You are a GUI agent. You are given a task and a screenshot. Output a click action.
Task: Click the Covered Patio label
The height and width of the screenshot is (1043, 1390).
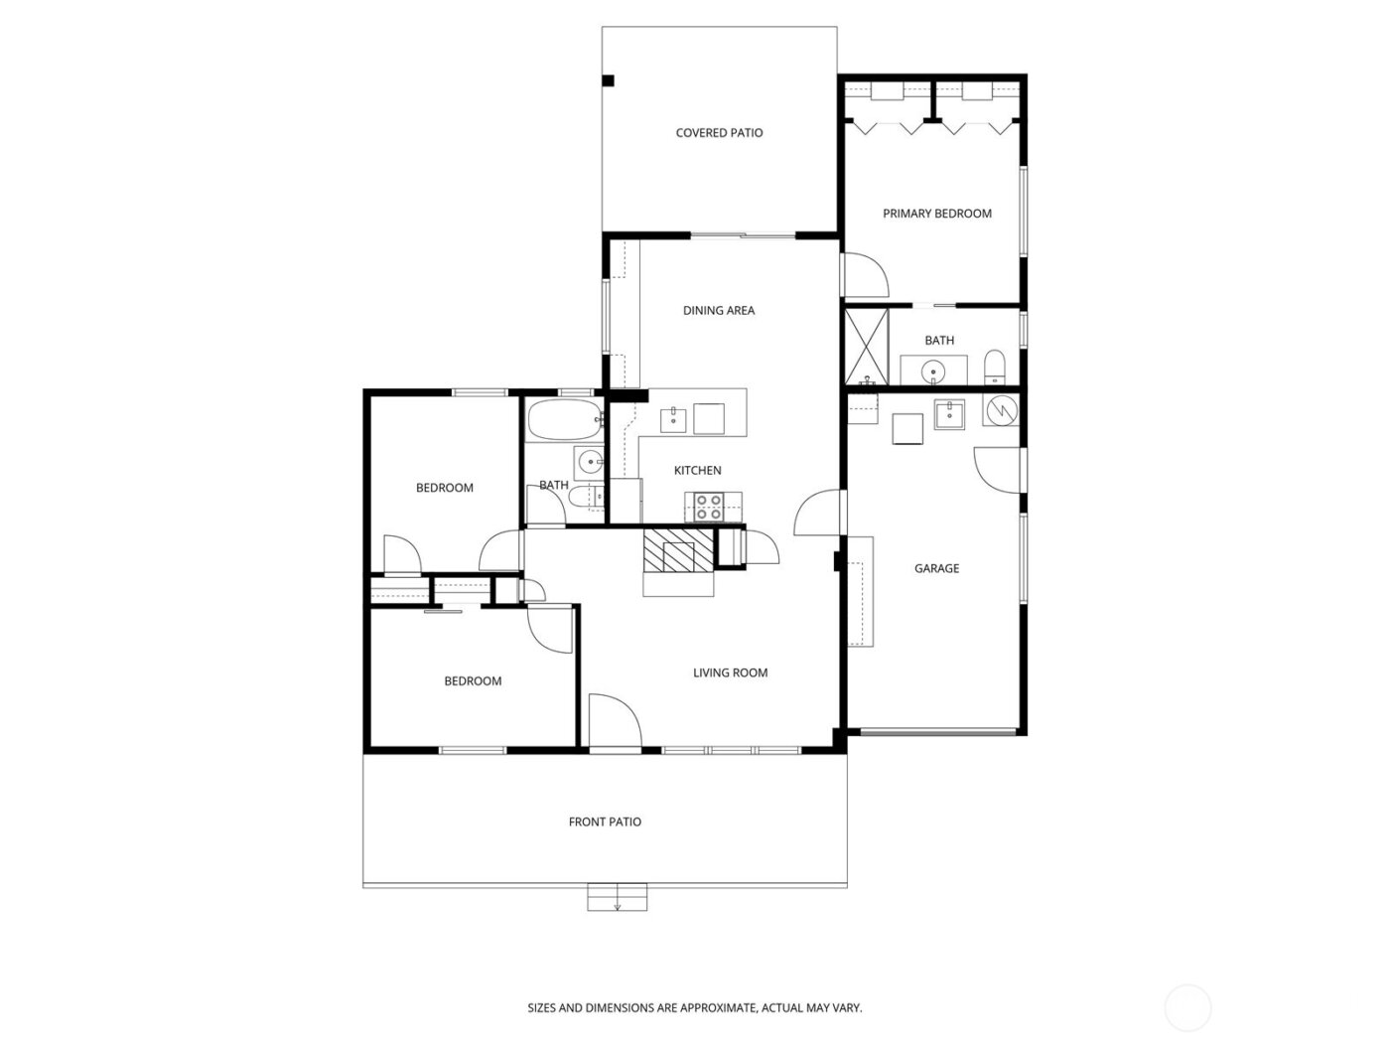click(719, 133)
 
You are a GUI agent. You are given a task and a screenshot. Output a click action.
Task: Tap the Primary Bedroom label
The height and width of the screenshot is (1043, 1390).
click(936, 214)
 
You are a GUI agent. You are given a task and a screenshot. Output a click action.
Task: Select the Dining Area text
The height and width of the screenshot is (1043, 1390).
click(718, 311)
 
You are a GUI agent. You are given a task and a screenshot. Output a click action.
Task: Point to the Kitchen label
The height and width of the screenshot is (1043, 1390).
click(697, 471)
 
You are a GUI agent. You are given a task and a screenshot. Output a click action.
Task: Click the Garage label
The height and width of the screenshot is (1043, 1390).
click(936, 569)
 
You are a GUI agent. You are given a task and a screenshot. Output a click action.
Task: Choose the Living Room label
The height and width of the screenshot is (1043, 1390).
click(730, 673)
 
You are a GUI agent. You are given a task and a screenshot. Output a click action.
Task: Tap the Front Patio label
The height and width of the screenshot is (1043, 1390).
click(605, 822)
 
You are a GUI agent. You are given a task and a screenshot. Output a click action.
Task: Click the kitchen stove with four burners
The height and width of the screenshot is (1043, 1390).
click(709, 507)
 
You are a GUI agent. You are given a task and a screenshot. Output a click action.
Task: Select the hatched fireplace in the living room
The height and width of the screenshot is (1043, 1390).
click(678, 550)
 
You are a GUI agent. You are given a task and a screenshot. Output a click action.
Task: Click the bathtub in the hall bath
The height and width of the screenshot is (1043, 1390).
click(563, 420)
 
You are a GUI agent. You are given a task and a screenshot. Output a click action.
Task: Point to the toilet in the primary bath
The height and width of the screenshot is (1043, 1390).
click(995, 367)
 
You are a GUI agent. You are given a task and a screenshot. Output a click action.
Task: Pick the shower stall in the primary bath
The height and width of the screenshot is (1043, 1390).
click(866, 346)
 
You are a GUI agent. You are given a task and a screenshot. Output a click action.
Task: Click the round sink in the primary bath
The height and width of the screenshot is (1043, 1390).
click(933, 372)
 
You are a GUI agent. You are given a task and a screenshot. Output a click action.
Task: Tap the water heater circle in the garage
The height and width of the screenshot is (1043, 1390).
click(1001, 408)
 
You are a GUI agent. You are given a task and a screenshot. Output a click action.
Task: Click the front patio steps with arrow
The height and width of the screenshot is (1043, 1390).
click(618, 898)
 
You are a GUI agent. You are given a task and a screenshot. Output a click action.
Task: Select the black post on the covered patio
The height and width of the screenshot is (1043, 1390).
click(609, 80)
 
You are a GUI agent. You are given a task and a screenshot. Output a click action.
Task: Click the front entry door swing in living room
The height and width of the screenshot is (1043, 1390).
click(613, 720)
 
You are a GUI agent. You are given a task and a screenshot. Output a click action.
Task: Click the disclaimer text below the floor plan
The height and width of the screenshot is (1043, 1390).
click(694, 1008)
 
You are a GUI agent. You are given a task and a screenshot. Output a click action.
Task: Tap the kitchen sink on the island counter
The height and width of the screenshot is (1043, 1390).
click(675, 417)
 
